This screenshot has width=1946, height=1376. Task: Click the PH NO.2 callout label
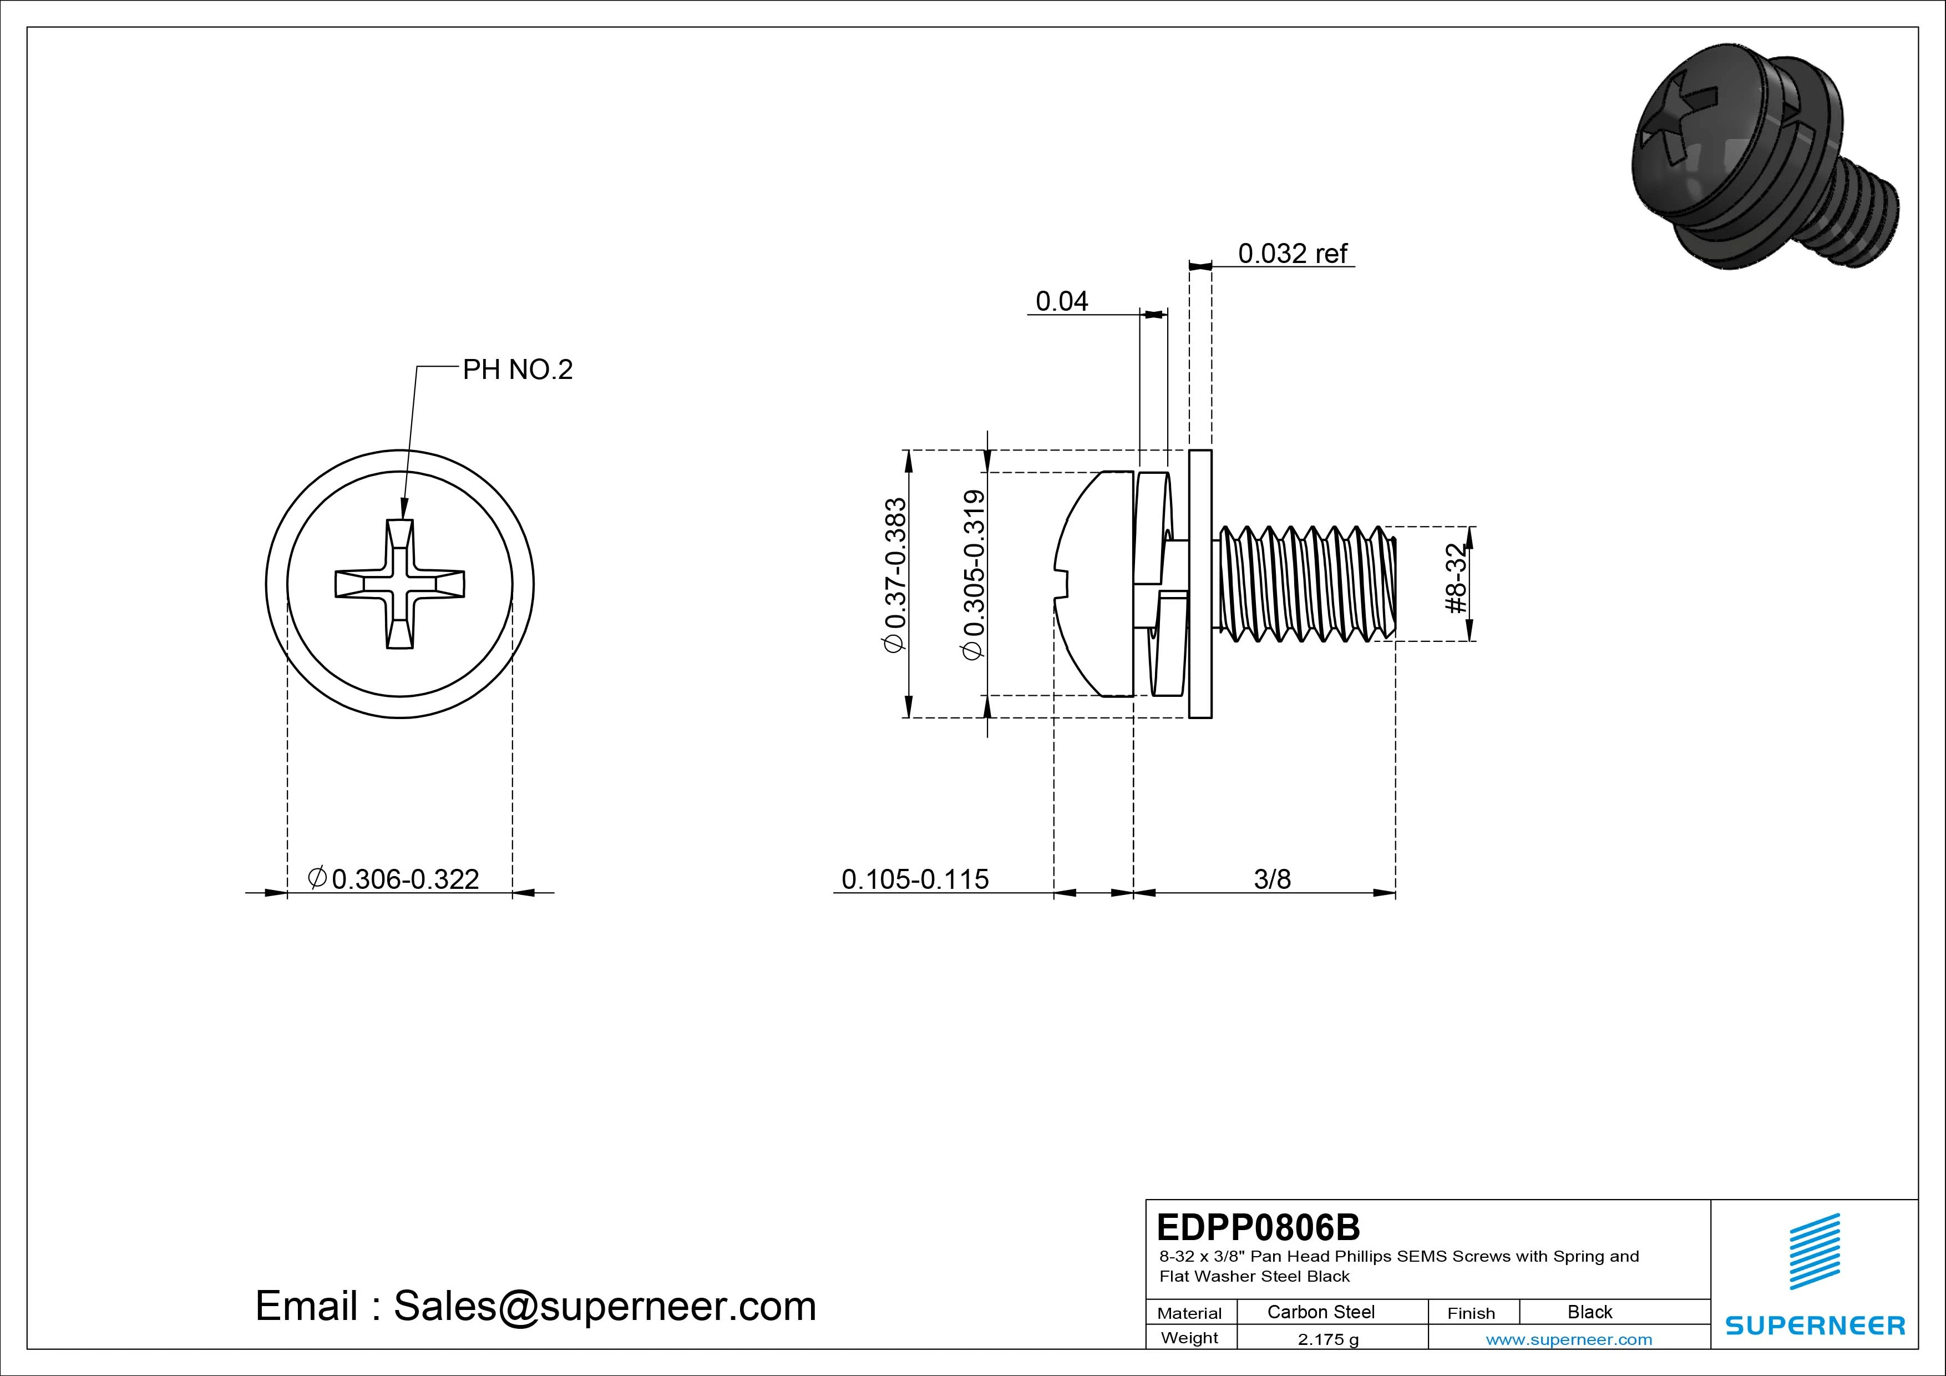click(517, 370)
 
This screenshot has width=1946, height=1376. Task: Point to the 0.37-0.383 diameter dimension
click(895, 575)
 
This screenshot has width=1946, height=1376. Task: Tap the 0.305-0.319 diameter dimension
click(974, 575)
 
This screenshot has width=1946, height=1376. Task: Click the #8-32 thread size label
click(1455, 579)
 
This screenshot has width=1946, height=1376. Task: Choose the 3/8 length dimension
click(1271, 879)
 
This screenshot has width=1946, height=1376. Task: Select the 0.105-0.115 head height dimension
click(915, 879)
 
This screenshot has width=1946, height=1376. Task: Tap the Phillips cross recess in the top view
click(400, 584)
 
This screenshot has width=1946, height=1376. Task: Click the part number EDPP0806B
click(1258, 1227)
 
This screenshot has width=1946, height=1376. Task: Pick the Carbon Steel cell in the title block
click(1320, 1312)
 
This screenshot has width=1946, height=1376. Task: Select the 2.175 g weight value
click(1327, 1339)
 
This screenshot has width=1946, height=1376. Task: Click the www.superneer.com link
click(1568, 1339)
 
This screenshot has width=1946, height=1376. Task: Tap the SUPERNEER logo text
click(1815, 1325)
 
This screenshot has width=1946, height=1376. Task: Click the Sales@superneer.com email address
click(604, 1306)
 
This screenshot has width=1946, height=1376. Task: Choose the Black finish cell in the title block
click(1589, 1312)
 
